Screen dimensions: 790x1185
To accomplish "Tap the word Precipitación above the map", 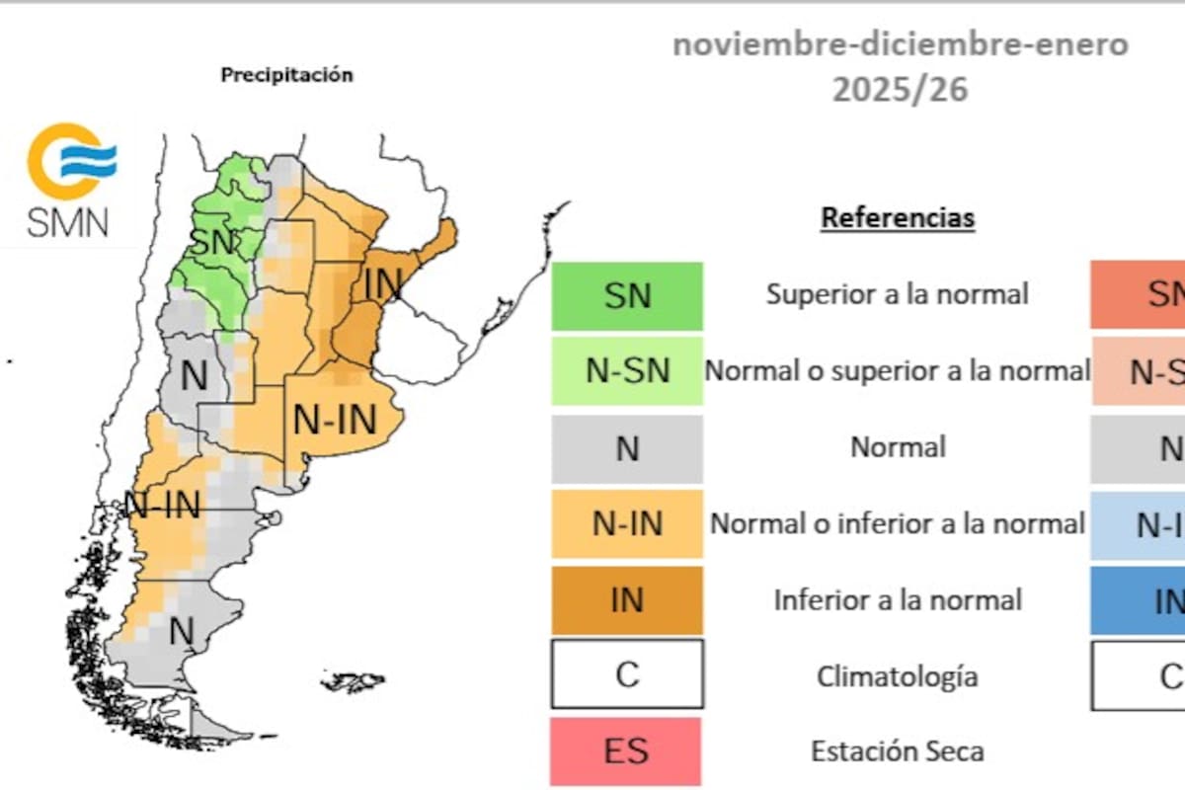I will coord(286,75).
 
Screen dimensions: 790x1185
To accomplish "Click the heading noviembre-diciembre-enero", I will coord(900,45).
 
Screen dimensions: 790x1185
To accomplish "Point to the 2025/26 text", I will coord(900,90).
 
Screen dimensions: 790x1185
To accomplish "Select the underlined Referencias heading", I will coord(898,217).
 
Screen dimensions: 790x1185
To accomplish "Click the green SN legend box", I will coord(627,295).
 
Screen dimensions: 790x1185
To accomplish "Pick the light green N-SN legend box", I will coord(627,370).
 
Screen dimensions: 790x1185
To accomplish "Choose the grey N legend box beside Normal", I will coord(627,447).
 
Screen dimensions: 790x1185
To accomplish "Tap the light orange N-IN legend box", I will coord(627,523).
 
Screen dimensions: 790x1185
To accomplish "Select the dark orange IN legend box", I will coord(627,599).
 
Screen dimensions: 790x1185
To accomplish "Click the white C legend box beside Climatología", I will coord(627,674).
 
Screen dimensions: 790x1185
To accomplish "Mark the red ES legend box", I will coord(627,750).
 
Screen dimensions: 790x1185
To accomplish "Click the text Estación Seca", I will coord(898,751).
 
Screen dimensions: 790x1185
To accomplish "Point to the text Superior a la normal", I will coord(898,294).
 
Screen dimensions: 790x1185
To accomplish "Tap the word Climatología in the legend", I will coord(898,676).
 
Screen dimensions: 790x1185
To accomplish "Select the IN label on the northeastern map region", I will coord(383,284).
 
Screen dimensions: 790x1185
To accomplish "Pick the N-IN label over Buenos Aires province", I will coord(336,421).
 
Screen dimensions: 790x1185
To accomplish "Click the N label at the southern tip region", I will coord(181,630).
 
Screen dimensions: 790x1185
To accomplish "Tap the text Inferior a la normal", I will coord(898,600).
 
